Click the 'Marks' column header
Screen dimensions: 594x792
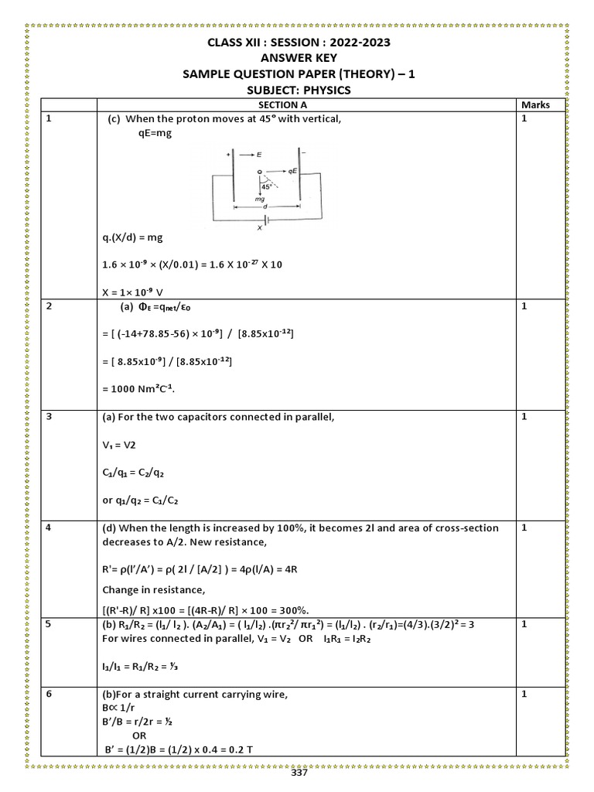point(535,104)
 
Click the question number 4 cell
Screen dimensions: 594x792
point(49,527)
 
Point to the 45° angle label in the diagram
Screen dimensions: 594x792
point(268,186)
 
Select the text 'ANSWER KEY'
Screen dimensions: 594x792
point(299,57)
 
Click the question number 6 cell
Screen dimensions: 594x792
point(49,694)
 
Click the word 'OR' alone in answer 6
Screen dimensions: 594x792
point(139,736)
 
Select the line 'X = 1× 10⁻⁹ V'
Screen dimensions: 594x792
point(139,292)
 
